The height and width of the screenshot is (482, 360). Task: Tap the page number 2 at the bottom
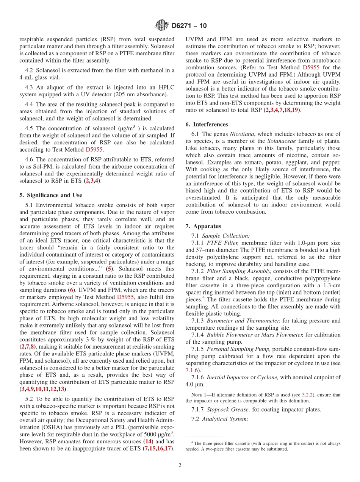[180, 465]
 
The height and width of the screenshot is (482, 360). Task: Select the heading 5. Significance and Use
[51, 195]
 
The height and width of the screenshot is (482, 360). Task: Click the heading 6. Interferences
[207, 124]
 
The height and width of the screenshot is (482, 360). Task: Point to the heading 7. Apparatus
[203, 226]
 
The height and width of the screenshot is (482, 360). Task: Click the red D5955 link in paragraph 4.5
[94, 150]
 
